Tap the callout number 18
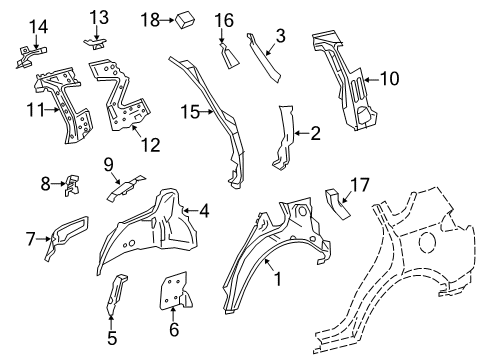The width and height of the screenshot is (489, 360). pyautogui.click(x=150, y=19)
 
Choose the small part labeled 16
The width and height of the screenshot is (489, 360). pyautogui.click(x=228, y=57)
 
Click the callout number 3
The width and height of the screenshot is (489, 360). pyautogui.click(x=281, y=38)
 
